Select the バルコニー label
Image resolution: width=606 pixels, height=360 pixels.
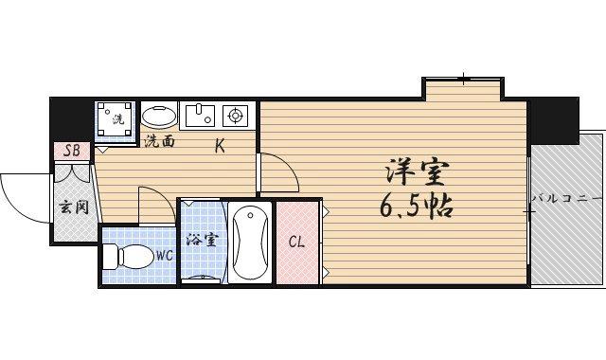point(566,198)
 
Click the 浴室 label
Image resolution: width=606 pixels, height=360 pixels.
point(202,240)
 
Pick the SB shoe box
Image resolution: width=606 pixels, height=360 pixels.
point(72,151)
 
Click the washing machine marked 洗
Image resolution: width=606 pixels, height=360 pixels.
point(116,120)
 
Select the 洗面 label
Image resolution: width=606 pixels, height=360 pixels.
point(160,141)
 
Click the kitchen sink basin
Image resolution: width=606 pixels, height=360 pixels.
point(201,117)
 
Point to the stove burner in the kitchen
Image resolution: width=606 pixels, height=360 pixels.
point(235,117)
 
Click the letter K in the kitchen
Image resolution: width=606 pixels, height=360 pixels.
point(219,146)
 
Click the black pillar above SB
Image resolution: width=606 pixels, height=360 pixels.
point(71,117)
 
